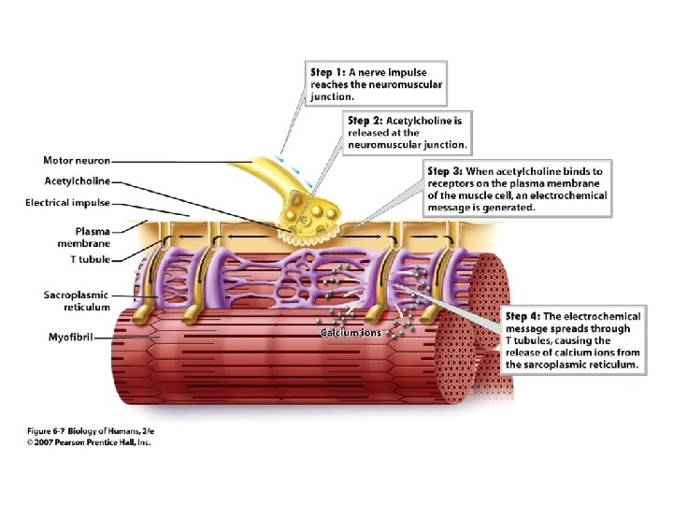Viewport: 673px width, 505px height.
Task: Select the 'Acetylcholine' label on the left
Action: click(x=77, y=181)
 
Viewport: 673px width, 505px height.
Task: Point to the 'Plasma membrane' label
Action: click(x=88, y=236)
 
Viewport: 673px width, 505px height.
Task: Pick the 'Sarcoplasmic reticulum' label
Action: click(x=77, y=301)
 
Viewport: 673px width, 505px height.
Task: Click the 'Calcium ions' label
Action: click(x=351, y=333)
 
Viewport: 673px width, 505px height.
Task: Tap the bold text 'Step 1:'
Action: click(x=328, y=71)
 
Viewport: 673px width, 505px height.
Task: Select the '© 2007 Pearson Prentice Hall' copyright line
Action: click(x=88, y=441)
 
